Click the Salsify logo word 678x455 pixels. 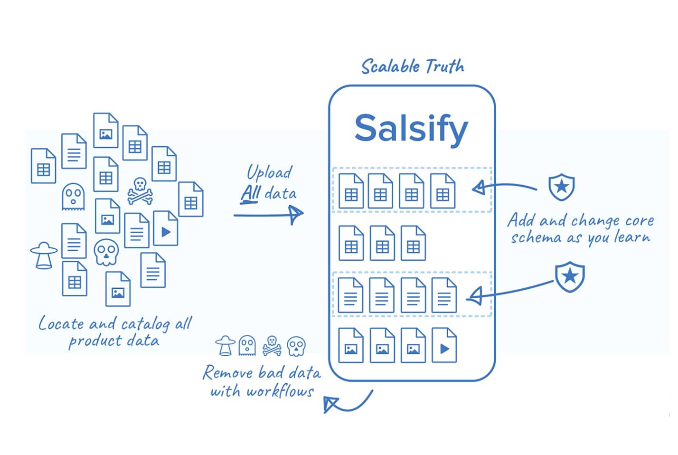click(411, 128)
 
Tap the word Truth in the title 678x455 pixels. click(444, 66)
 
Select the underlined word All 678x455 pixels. click(250, 193)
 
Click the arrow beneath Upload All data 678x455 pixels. click(269, 215)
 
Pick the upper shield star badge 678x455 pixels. click(562, 186)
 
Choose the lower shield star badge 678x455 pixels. click(570, 276)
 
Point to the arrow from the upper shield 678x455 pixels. click(503, 187)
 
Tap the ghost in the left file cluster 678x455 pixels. click(73, 196)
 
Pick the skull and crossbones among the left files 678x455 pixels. click(140, 191)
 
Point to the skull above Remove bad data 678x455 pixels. click(296, 346)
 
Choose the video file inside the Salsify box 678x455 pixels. click(444, 345)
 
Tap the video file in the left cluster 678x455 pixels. click(166, 228)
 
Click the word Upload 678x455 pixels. click(269, 172)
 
